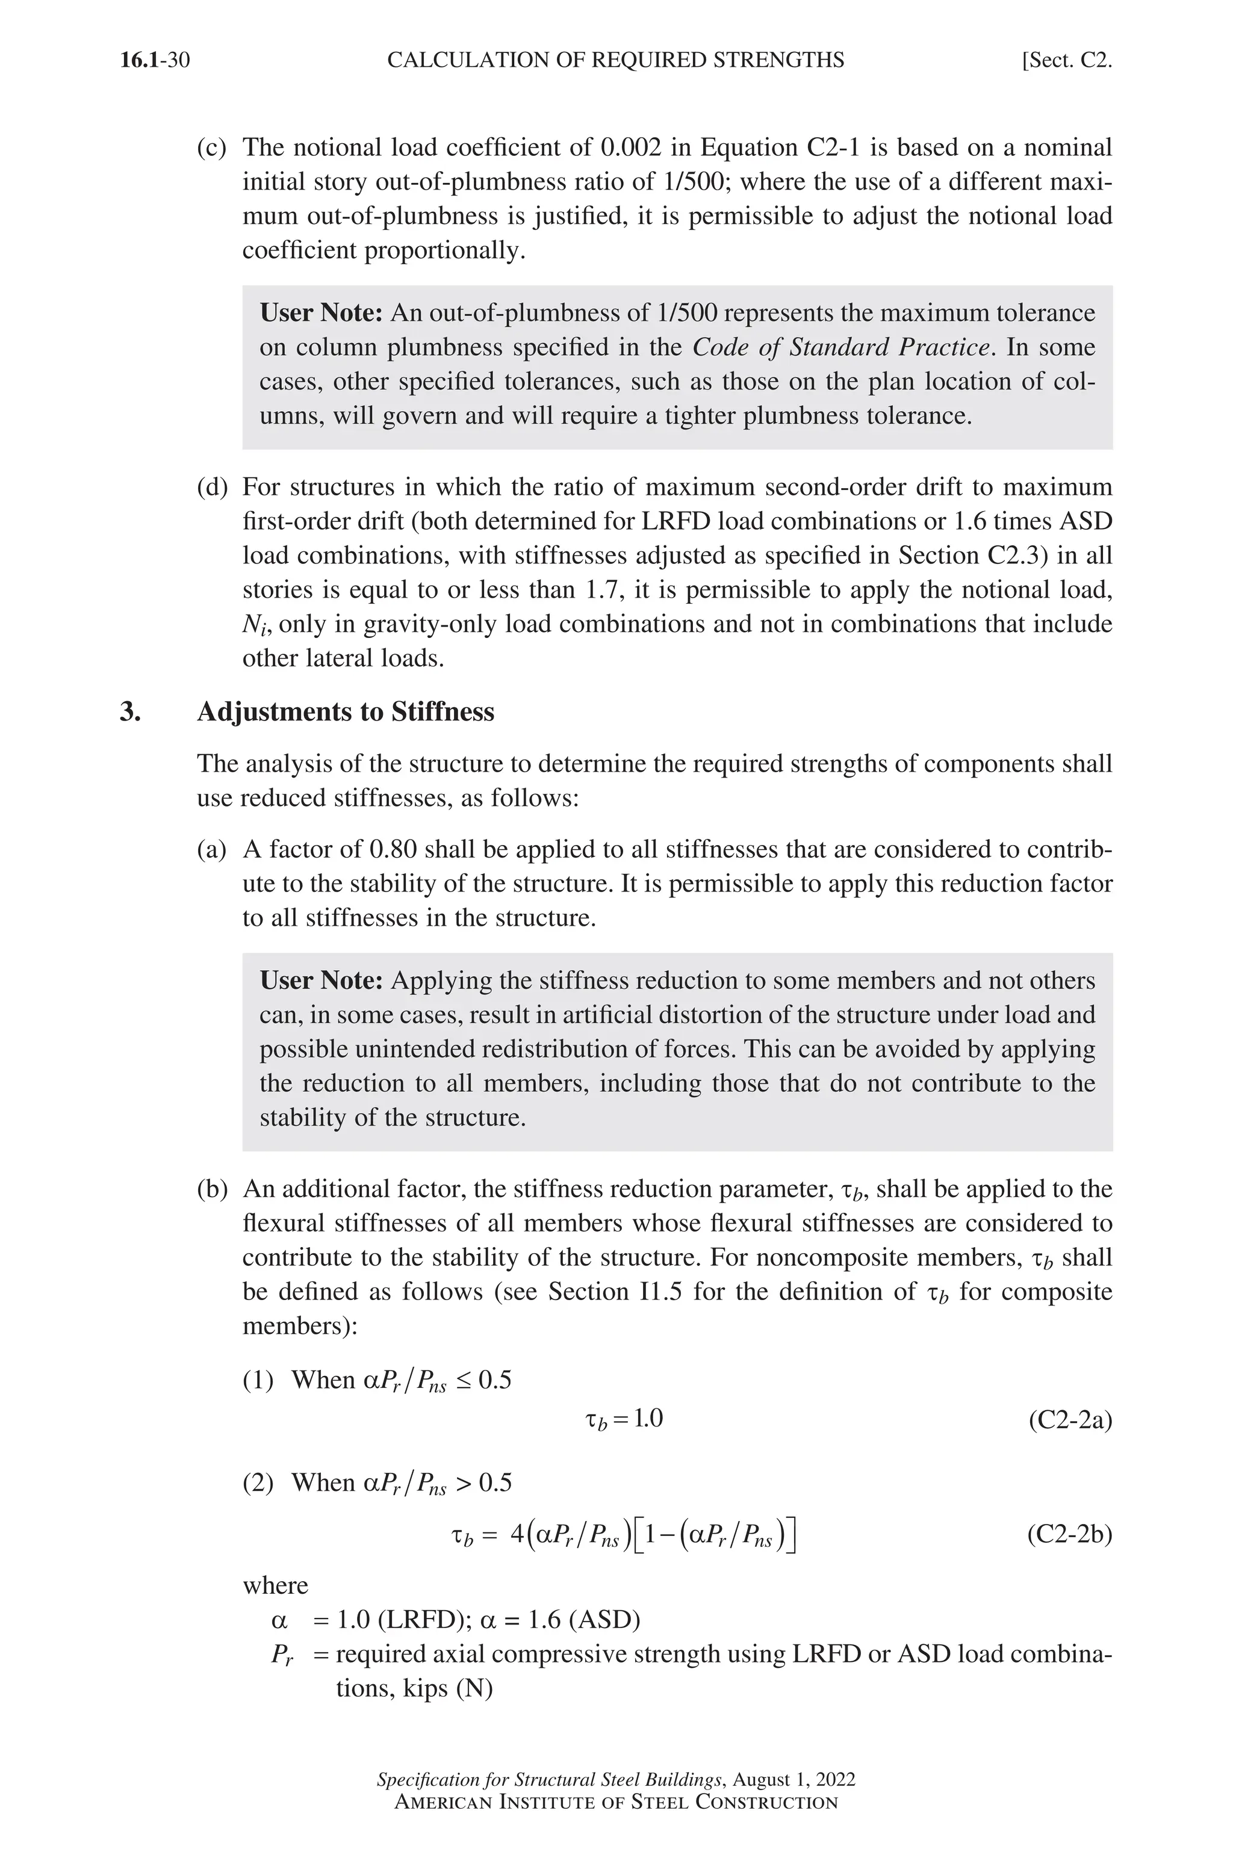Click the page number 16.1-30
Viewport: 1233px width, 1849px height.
click(x=155, y=61)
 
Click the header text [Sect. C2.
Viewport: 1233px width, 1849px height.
click(x=1066, y=61)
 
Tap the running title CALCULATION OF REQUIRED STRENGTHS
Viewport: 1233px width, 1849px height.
click(x=616, y=61)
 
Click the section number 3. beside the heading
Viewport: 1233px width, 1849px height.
click(x=131, y=712)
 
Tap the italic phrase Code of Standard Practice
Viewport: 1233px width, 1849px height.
click(x=840, y=347)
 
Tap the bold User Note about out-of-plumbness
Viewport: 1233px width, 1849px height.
click(x=321, y=314)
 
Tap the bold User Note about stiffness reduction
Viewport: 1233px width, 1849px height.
click(x=321, y=981)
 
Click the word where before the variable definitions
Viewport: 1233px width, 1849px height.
click(x=275, y=1585)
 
